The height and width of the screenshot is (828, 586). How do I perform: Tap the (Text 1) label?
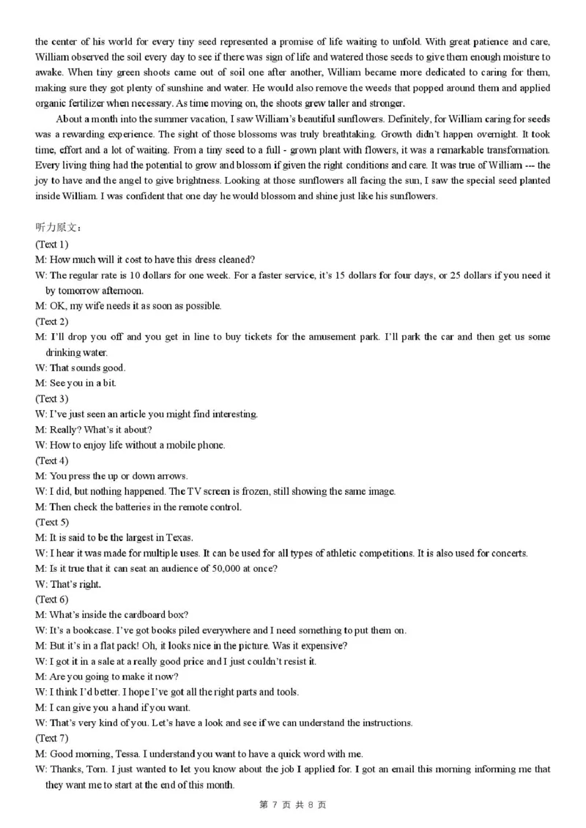[51, 244]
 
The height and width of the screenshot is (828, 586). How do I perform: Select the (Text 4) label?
[51, 460]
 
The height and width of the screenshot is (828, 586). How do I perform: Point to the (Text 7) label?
[51, 738]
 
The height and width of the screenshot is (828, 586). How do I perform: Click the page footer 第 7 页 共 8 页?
[292, 805]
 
